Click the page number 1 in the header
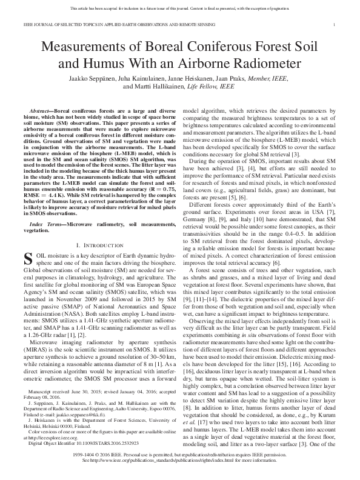(x=335, y=25)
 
